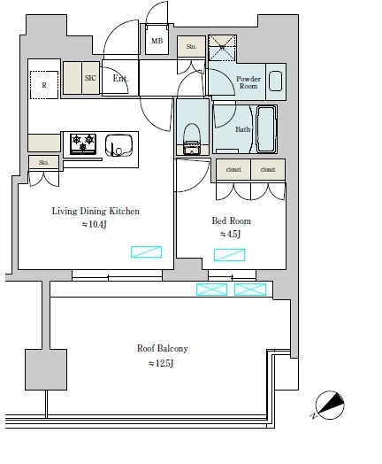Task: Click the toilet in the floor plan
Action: coord(192,138)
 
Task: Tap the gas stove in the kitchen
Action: coord(83,143)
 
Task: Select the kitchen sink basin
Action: coord(118,145)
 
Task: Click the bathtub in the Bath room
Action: coord(266,129)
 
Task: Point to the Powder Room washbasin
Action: coord(276,81)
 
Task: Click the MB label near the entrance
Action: coord(157,41)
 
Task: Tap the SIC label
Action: coord(90,78)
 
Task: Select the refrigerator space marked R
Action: coord(44,85)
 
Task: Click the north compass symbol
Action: coord(330,405)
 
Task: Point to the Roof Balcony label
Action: coord(162,348)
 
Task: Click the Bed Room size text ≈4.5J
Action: coord(231,234)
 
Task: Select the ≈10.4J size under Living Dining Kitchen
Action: coord(94,224)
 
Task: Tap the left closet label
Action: coord(233,169)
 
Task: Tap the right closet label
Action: coord(268,169)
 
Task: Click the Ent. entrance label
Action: coord(120,79)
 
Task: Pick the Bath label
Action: coord(242,129)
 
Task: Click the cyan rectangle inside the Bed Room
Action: coord(230,255)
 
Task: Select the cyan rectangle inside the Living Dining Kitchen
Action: coord(146,251)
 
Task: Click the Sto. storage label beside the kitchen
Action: coord(43,162)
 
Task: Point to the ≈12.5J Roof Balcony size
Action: coord(161,363)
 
